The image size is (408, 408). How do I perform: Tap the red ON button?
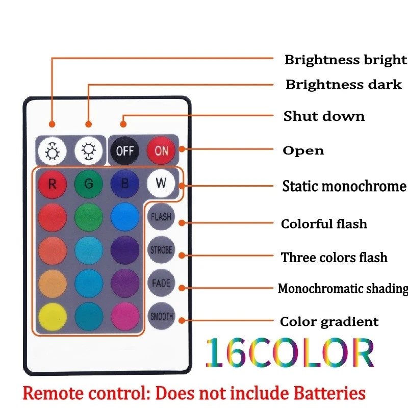click(x=161, y=150)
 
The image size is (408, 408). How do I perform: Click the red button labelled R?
click(x=53, y=184)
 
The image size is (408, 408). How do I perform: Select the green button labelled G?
click(x=89, y=184)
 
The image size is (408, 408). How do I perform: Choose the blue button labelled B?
click(x=125, y=184)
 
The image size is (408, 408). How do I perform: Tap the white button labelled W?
click(x=161, y=183)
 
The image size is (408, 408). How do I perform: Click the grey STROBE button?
click(x=161, y=250)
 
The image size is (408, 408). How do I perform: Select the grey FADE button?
click(x=161, y=283)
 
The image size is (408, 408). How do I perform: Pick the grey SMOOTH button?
click(x=161, y=316)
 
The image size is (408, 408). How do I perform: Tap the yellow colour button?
click(x=53, y=317)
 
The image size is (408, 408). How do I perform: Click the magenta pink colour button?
click(x=125, y=317)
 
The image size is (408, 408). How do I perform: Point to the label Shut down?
click(x=324, y=116)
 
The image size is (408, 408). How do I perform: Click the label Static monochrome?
click(x=344, y=186)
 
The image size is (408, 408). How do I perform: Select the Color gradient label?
click(x=329, y=322)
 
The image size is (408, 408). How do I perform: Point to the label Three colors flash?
click(x=334, y=258)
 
